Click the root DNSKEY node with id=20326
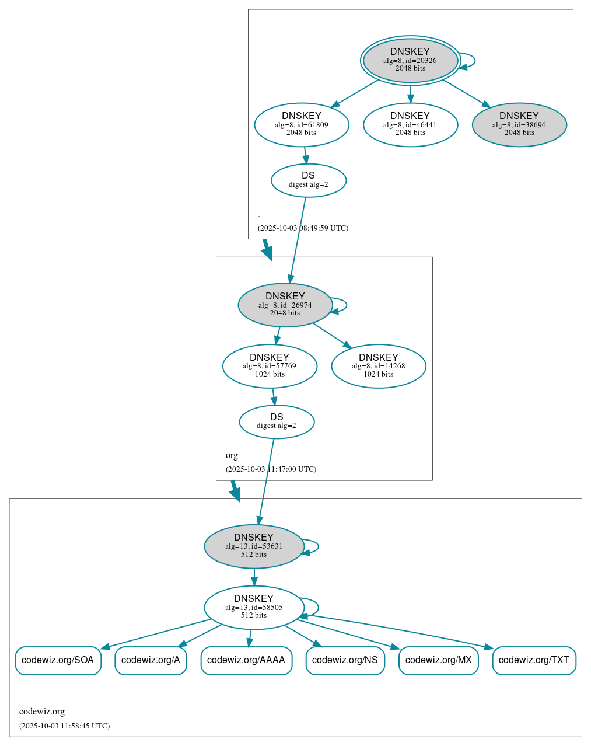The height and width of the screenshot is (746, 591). [410, 60]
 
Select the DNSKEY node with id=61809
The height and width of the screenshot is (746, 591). [302, 124]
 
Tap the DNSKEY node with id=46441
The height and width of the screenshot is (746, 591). [410, 124]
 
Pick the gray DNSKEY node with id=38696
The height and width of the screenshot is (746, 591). [519, 124]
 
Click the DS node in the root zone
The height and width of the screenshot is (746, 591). [308, 180]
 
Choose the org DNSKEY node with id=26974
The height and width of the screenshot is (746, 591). [285, 305]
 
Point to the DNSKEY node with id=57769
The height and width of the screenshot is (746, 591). [270, 366]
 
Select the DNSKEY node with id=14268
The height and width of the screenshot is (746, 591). [378, 366]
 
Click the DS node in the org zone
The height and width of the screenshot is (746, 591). [277, 421]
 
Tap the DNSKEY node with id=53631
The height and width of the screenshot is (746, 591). [254, 546]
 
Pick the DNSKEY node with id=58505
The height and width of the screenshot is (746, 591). [254, 607]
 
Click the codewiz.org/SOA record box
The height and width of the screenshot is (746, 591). [58, 660]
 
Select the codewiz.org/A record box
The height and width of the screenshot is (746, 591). [151, 660]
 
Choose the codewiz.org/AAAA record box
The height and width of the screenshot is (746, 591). [246, 660]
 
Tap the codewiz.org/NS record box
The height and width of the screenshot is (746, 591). [345, 660]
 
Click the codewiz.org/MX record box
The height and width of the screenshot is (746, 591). [438, 660]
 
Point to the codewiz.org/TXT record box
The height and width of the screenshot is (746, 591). [534, 660]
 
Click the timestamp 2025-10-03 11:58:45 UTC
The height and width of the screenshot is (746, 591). [64, 726]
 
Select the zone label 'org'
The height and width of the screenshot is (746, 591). [232, 455]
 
